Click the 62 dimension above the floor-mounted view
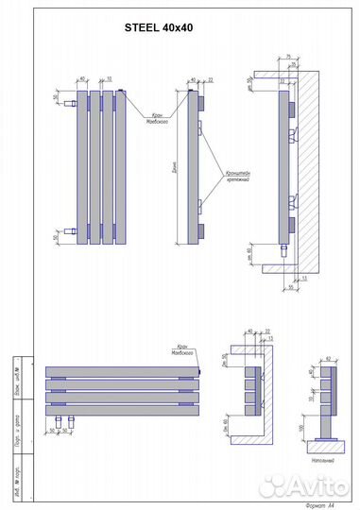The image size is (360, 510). [327, 359]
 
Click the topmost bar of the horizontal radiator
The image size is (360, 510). [123, 370]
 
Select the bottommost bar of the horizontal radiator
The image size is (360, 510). [123, 410]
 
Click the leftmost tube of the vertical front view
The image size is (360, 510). [82, 164]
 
